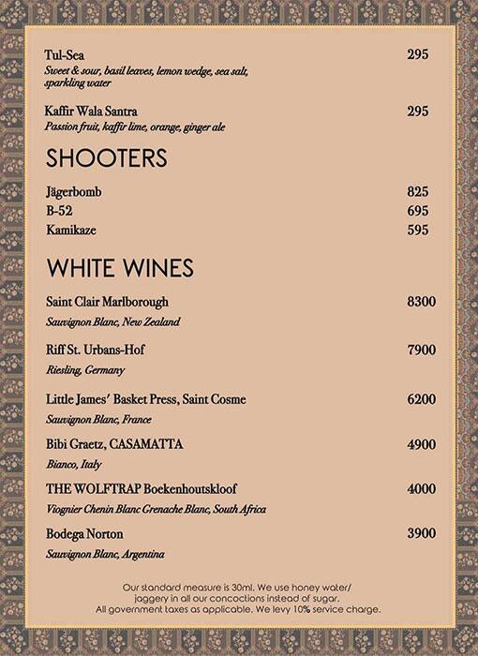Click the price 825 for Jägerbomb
418,192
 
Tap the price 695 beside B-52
418,211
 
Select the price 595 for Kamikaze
418,230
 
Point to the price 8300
422,303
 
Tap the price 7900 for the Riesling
422,350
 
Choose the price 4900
422,442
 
